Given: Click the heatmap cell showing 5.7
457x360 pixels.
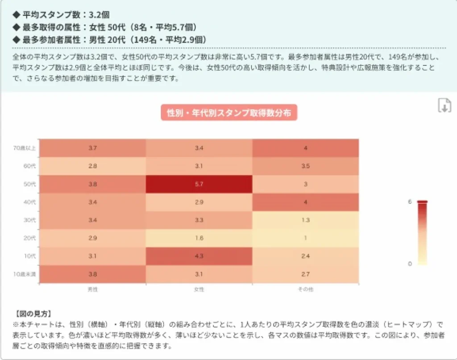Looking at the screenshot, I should point(199,184).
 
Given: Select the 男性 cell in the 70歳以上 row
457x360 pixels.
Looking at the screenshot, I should point(93,148).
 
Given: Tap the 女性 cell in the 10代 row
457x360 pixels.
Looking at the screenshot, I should point(199,256).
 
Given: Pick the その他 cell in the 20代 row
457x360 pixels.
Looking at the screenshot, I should point(306,238).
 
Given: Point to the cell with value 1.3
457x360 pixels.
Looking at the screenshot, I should point(306,220).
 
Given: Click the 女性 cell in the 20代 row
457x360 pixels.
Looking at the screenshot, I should point(199,238).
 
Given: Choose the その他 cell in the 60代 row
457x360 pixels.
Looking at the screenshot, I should point(306,166).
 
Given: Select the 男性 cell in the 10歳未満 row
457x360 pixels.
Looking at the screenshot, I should point(93,274).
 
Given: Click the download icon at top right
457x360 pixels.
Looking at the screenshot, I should point(444,105).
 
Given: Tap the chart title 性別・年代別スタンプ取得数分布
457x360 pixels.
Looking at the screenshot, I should point(228,113).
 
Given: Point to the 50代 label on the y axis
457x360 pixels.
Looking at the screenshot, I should point(30,184).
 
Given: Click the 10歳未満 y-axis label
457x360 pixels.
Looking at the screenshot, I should point(26,274).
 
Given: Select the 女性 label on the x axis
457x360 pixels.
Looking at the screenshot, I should point(199,289).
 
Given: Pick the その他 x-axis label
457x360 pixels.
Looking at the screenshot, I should point(306,289).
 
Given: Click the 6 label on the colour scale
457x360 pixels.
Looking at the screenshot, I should point(410,202).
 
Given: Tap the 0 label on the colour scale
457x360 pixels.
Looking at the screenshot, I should point(410,264).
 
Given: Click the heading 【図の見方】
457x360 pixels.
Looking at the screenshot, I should point(33,314).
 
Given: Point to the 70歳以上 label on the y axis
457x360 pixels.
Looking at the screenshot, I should point(26,148).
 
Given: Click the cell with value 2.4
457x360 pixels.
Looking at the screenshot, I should point(306,256).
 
